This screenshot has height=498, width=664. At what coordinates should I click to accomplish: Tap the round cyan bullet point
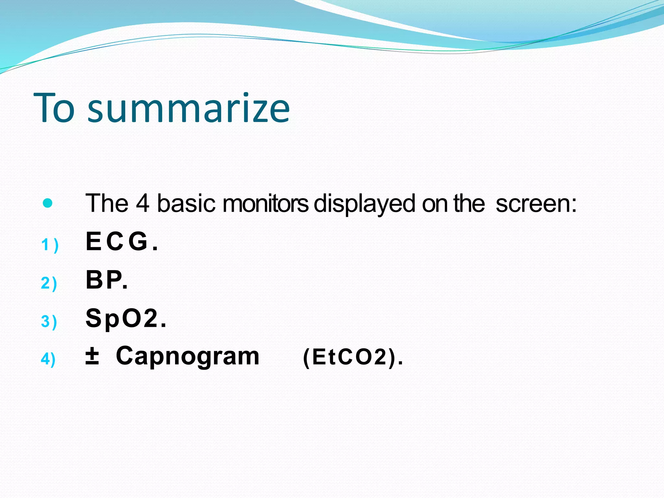48,203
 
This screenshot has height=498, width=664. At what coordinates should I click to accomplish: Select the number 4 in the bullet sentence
142,204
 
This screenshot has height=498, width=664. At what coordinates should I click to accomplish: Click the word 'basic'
186,204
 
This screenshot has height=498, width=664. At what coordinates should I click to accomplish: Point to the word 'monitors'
266,204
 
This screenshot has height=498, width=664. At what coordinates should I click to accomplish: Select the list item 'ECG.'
122,242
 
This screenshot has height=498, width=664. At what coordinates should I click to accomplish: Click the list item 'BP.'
107,280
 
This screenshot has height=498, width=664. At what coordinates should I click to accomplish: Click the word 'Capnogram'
188,356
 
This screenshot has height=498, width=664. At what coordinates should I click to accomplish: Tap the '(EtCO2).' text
353,357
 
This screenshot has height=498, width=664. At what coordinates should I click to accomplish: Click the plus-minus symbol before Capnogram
92,356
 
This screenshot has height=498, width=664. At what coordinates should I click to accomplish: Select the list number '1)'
50,245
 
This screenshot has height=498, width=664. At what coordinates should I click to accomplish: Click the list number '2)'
49,283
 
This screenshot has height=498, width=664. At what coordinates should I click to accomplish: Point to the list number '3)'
49,321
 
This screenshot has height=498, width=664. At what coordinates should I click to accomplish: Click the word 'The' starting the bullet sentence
107,204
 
